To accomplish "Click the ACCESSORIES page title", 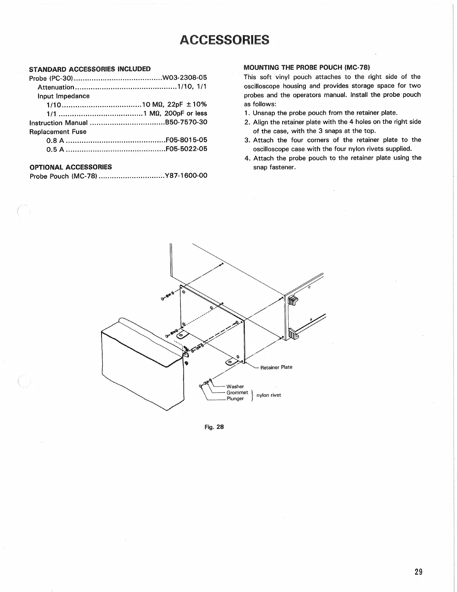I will pyautogui.click(x=224, y=39).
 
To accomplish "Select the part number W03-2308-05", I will pyautogui.click(x=185, y=78).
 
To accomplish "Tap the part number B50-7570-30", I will pyautogui.click(x=186, y=122).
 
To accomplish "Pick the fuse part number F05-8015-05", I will pyautogui.click(x=186, y=140).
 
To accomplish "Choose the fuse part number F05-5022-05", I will pyautogui.click(x=186, y=149).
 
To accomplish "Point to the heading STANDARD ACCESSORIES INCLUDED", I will pyautogui.click(x=90, y=69).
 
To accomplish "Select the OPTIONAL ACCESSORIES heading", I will pyautogui.click(x=71, y=167).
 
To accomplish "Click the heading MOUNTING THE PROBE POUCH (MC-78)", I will pyautogui.click(x=307, y=67).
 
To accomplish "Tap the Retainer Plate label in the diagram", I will pyautogui.click(x=276, y=367).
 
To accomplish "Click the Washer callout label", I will pyautogui.click(x=235, y=386).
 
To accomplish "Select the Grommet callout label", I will pyautogui.click(x=237, y=392).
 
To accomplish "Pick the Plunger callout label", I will pyautogui.click(x=235, y=398).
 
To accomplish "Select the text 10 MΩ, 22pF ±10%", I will pyautogui.click(x=175, y=104).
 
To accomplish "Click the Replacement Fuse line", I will pyautogui.click(x=58, y=132).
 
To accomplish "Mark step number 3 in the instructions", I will pyautogui.click(x=247, y=140).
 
